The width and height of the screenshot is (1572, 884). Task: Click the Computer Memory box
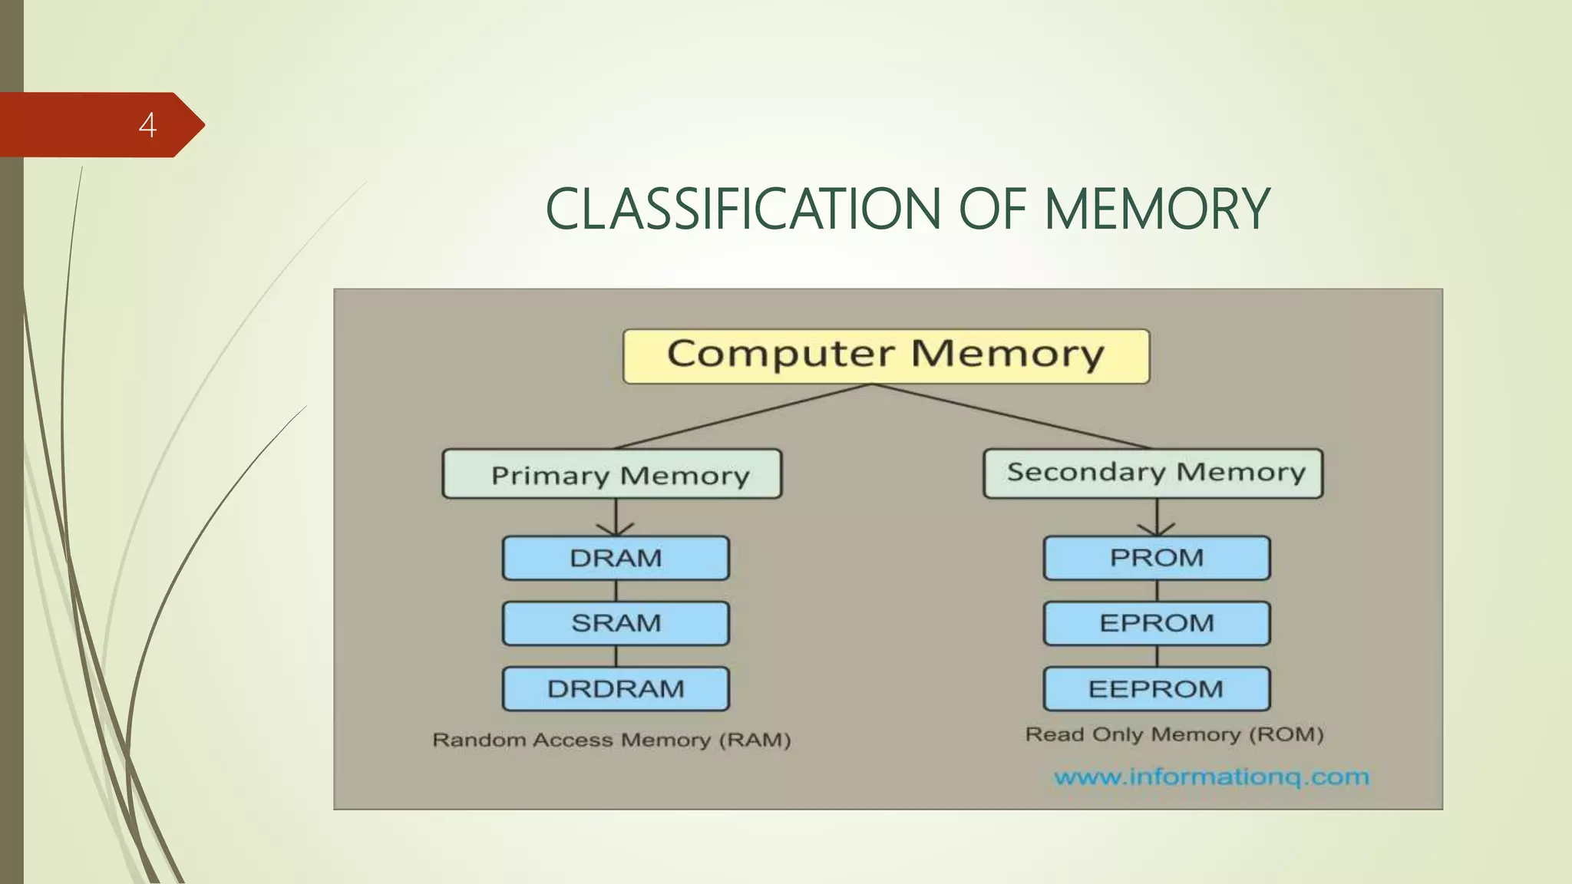[886, 356]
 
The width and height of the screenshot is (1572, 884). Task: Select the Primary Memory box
[612, 474]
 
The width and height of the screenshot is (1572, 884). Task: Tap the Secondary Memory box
[1153, 473]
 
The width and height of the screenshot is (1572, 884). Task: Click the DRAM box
[616, 558]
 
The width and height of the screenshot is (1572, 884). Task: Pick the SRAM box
[616, 623]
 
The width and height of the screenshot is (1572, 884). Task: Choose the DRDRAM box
[616, 689]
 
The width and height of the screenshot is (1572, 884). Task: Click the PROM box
[1157, 558]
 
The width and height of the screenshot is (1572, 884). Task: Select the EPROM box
[1157, 623]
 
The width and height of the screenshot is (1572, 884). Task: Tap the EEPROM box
[1157, 689]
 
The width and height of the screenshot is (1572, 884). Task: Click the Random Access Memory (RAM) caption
[612, 740]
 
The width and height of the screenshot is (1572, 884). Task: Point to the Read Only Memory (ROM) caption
[1174, 734]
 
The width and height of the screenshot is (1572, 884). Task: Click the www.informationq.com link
[1211, 777]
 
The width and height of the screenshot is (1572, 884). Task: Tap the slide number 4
[147, 125]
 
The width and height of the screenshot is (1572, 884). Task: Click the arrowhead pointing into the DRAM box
[616, 529]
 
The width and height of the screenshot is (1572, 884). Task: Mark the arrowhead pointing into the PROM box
[1157, 529]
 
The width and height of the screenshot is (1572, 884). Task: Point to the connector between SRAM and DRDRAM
[616, 656]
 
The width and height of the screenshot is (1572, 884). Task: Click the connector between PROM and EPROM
[1157, 591]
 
